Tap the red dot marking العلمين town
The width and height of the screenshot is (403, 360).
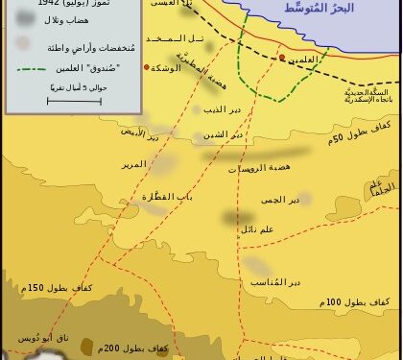(x=281, y=58)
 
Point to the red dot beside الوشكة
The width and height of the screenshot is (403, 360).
(x=146, y=67)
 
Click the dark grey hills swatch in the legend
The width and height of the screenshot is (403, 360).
(x=21, y=20)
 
